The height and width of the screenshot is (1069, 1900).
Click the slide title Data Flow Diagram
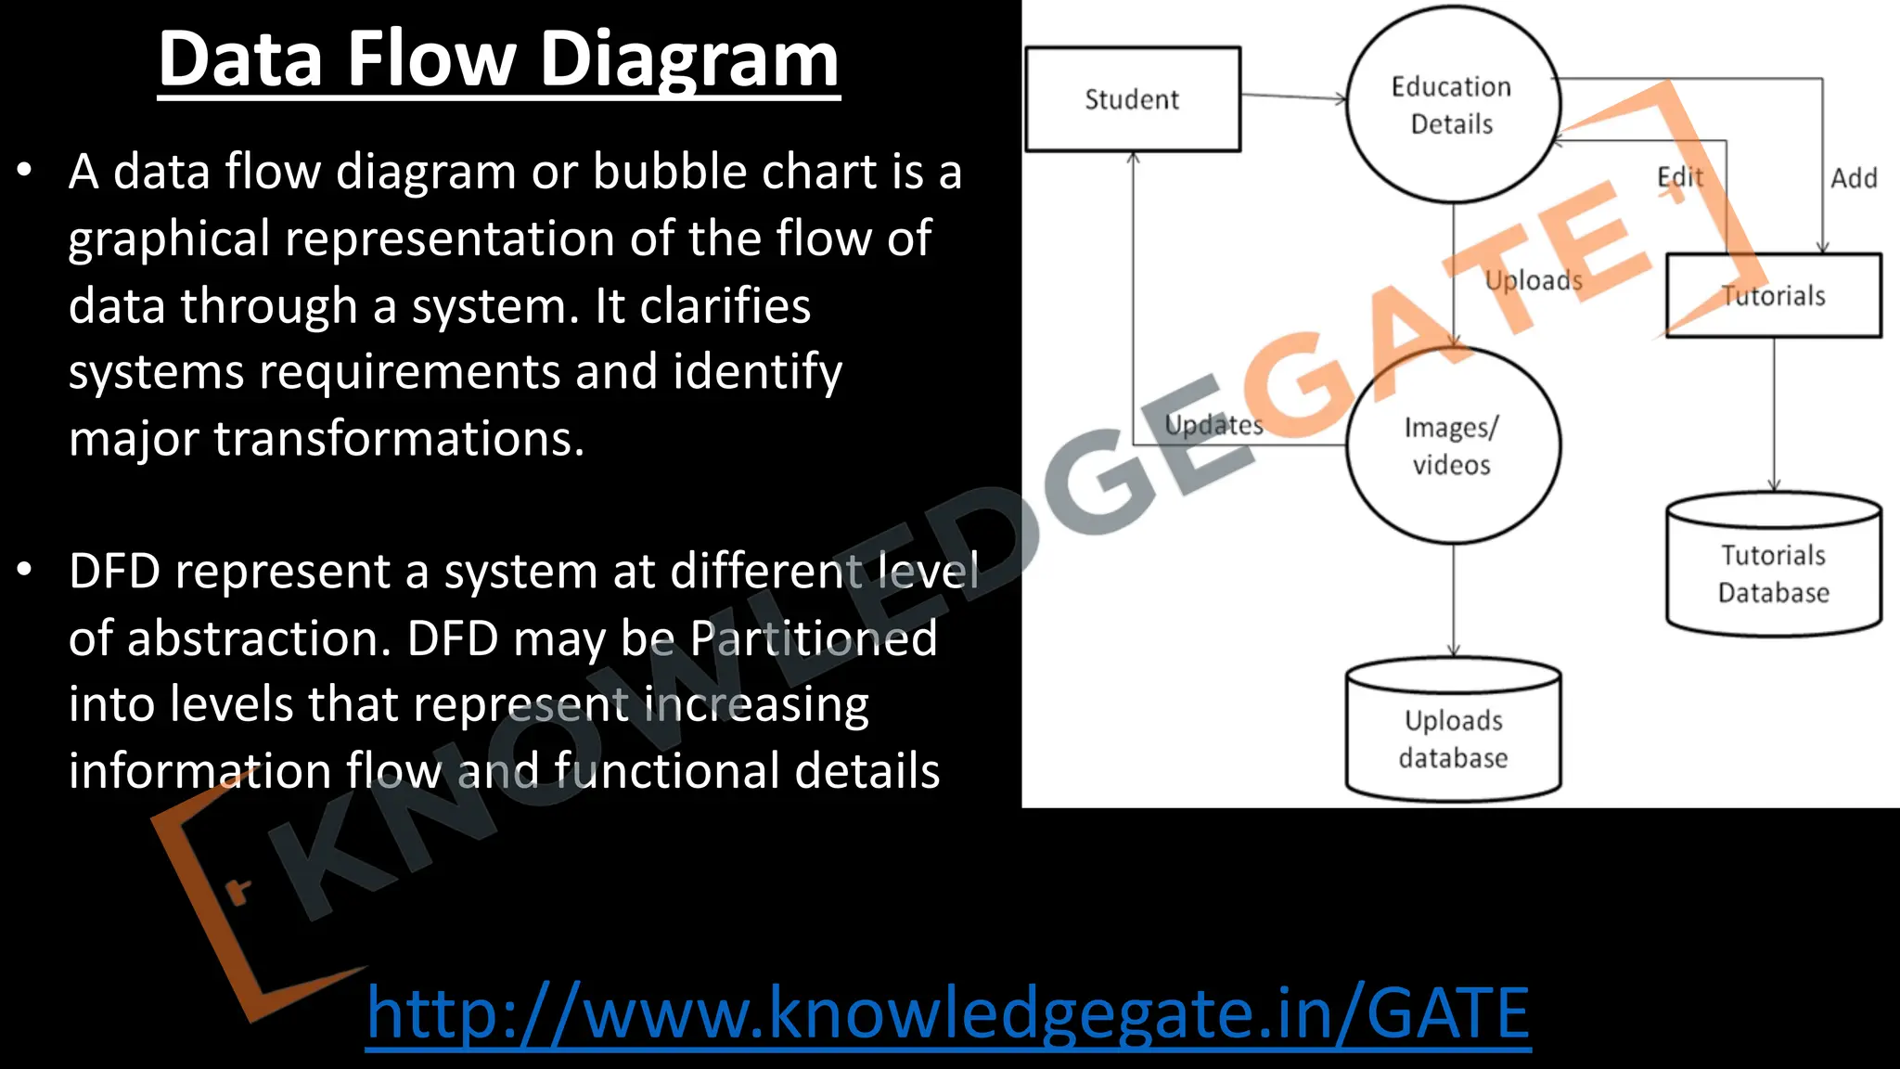498,59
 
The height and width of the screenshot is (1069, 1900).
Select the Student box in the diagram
1132,99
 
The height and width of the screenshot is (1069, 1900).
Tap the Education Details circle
1452,105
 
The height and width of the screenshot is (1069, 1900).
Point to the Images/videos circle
1452,445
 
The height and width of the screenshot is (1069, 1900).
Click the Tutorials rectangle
1773,296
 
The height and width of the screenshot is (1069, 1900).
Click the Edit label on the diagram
1680,177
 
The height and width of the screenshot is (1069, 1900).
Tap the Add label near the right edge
1854,178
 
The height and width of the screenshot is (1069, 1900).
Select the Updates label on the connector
1213,425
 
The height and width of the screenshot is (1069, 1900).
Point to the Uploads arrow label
1533,279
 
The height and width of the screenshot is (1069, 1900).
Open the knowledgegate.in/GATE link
948,1012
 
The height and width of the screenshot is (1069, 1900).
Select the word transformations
399,438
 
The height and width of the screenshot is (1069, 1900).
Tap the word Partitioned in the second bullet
814,638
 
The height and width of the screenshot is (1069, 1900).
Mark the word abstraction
259,638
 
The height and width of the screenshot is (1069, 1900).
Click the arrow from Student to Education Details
1292,97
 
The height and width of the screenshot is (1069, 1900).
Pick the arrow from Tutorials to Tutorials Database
1774,413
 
